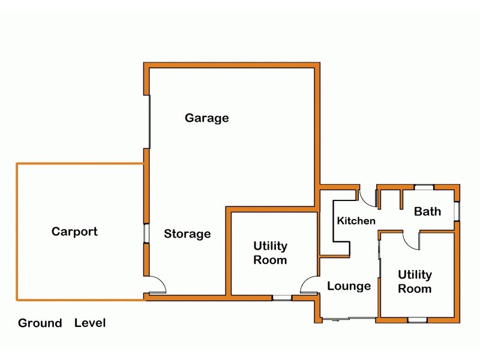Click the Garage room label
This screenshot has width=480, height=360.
pos(206,118)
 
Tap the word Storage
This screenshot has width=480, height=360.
pos(187,234)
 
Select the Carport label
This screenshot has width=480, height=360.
pos(74,232)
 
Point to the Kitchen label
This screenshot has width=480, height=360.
pos(356,221)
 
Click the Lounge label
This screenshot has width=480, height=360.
pos(349,286)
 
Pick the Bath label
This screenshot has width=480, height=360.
pos(427,211)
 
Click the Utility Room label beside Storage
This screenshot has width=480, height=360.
pos(270,253)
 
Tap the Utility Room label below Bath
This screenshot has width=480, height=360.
pos(415,282)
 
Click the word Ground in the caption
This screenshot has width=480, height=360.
pos(40,323)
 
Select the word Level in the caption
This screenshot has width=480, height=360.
pos(90,323)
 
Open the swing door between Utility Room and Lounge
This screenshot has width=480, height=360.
pos(310,285)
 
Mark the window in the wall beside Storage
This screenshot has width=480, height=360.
pos(145,233)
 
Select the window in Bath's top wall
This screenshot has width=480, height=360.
pos(424,187)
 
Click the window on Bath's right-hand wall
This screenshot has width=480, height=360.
pos(457,211)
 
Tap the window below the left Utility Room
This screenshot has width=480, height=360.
pos(281,297)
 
